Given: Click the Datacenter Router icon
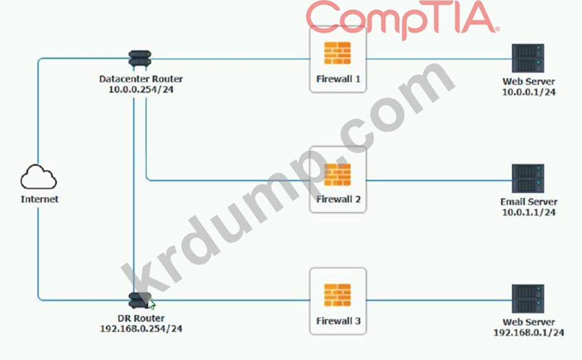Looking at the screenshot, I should point(140,58).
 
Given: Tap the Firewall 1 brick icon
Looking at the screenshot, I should point(338,53).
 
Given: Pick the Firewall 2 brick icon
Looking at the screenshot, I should point(338,174).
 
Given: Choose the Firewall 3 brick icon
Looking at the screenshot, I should point(338,295).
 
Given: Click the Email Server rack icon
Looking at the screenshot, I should point(528,178).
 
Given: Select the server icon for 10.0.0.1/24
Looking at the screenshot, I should point(528,58).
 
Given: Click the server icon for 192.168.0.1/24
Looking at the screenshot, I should point(528,299).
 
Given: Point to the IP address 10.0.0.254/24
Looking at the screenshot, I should point(141,89).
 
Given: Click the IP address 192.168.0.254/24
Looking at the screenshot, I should point(141,329).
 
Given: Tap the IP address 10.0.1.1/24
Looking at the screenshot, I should point(528,212).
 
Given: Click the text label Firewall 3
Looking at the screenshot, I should point(338,321).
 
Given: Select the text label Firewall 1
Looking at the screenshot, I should point(338,79).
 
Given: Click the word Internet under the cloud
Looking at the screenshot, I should point(39,199).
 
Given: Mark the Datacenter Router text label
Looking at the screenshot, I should point(141,79).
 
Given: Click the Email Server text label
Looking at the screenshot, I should point(529,202).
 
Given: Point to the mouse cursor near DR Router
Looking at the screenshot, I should point(152,304).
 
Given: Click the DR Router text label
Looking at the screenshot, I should point(141,318).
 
